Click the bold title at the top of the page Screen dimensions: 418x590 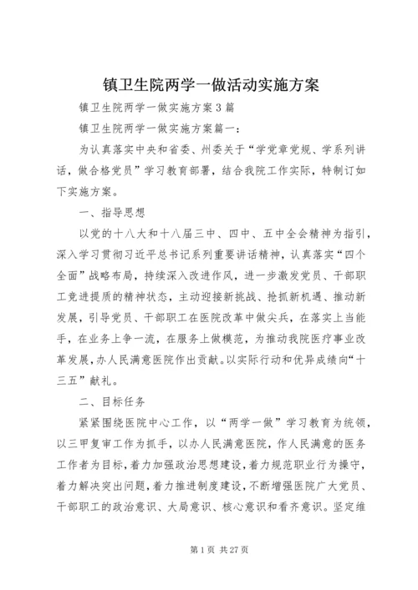pos(209,85)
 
